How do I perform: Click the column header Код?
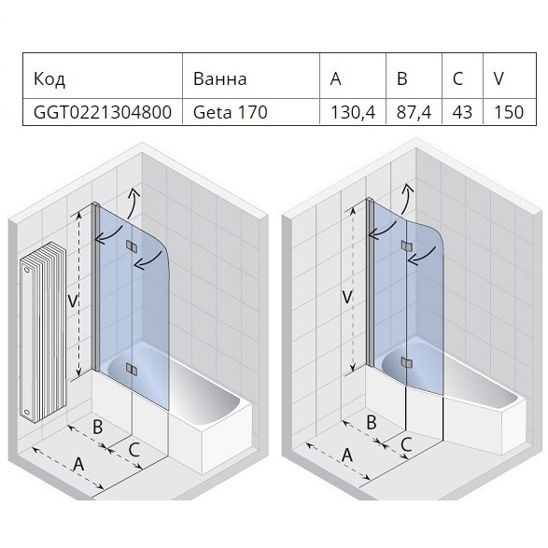coord(49,79)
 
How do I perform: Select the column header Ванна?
coord(219,79)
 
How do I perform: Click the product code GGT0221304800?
coord(103,113)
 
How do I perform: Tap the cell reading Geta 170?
coord(231,113)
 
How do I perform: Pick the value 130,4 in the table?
coord(353,113)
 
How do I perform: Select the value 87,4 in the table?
coord(414,113)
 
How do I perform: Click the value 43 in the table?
coord(462,113)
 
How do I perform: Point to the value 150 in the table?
coord(509,113)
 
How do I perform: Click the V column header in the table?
coord(499,78)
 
